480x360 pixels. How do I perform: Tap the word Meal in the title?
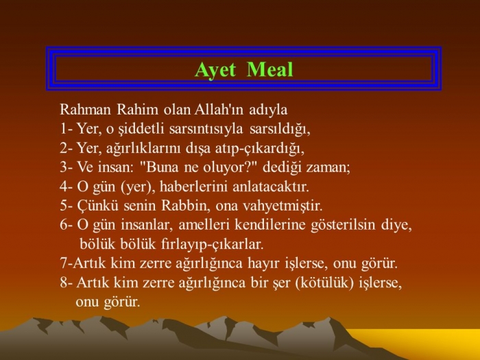269,69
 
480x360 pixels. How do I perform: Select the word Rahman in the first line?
85,110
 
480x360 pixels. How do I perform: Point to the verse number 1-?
66,129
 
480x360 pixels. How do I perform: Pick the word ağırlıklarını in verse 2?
143,149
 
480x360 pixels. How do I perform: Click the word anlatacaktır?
271,187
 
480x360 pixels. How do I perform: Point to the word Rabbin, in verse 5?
186,206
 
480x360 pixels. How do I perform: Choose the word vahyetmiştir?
283,206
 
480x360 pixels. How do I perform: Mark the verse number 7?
66,263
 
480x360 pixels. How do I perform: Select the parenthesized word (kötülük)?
324,283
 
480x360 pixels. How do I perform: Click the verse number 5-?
66,206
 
